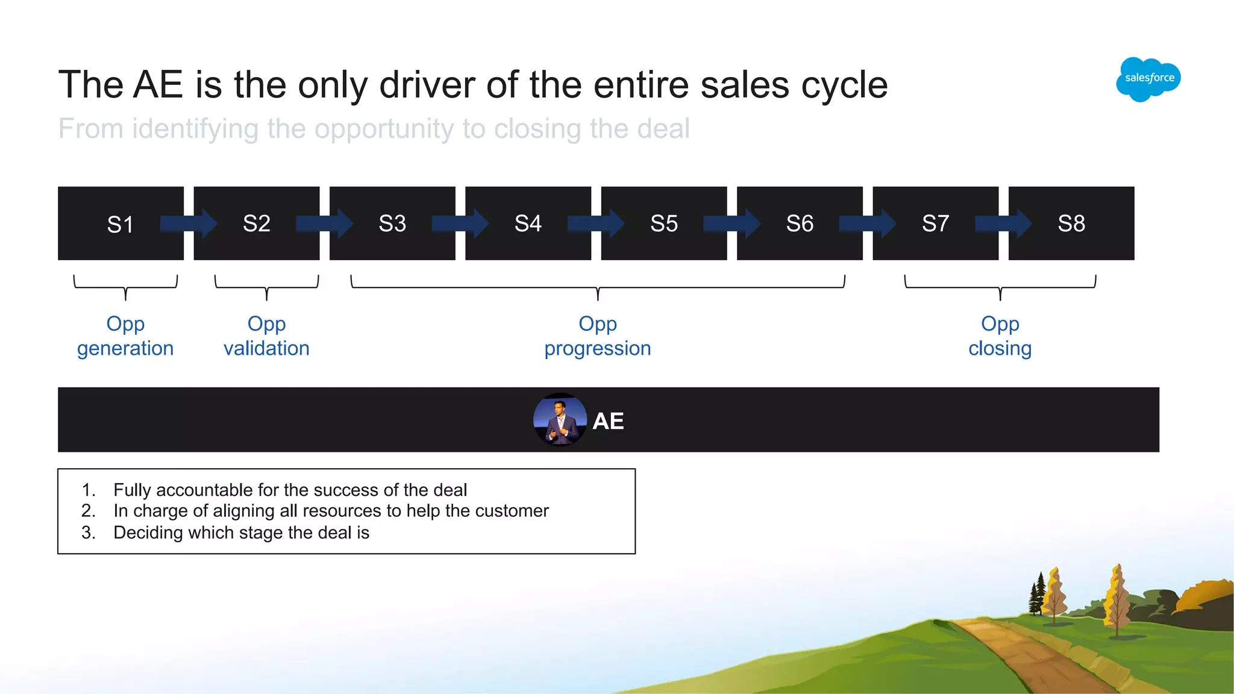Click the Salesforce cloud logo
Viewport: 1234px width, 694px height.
coord(1148,79)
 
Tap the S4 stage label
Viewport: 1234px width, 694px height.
coord(528,224)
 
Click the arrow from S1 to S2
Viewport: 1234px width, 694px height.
coord(189,224)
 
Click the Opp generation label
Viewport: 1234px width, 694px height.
coord(125,336)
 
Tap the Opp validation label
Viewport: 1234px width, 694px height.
coord(266,336)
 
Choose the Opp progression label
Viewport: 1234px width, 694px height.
coord(598,336)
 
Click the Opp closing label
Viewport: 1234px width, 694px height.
coord(1000,336)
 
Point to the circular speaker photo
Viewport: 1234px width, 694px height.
coord(560,420)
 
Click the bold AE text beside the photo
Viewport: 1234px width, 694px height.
coord(608,421)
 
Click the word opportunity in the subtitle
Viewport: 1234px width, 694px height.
coord(384,129)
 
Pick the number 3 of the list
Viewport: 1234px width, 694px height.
coord(88,533)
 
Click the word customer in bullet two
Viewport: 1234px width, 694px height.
coord(512,511)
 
